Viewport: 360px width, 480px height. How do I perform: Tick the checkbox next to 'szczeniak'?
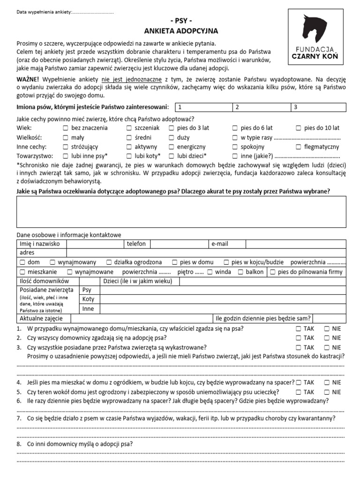pyautogui.click(x=129, y=128)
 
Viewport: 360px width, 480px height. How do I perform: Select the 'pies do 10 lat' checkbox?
pyautogui.click(x=299, y=128)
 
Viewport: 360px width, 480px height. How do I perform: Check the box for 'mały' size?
pyautogui.click(x=66, y=137)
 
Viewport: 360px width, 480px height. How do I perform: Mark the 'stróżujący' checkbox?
pyautogui.click(x=66, y=147)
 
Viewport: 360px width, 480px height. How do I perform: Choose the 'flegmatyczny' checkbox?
pyautogui.click(x=299, y=147)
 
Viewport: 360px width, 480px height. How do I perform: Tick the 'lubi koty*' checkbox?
pyautogui.click(x=129, y=156)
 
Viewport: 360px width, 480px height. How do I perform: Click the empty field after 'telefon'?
pyautogui.click(x=180, y=244)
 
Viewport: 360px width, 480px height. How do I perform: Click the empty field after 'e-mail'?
pyautogui.click(x=295, y=244)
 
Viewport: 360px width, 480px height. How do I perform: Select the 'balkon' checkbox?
pyautogui.click(x=240, y=272)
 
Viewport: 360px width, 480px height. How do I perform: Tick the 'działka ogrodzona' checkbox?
pyautogui.click(x=109, y=262)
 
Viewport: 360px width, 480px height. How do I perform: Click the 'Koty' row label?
pyautogui.click(x=88, y=299)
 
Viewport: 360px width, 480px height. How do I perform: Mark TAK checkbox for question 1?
pyautogui.click(x=299, y=329)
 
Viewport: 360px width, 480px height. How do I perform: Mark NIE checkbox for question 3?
pyautogui.click(x=327, y=347)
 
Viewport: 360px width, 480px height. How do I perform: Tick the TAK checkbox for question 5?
pyautogui.click(x=299, y=392)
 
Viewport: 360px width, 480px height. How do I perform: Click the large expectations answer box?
pyautogui.click(x=181, y=212)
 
